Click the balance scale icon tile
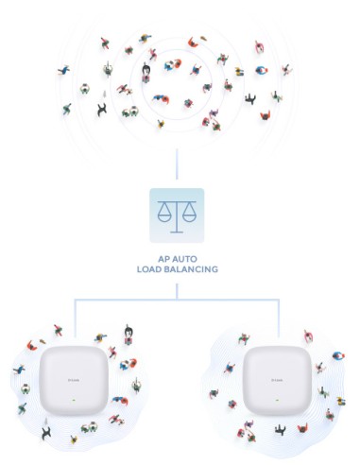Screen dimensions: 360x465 pyautogui.click(x=177, y=215)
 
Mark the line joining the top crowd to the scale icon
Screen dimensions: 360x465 pyautogui.click(x=177, y=165)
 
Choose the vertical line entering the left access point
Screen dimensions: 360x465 pyautogui.click(x=75, y=321)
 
